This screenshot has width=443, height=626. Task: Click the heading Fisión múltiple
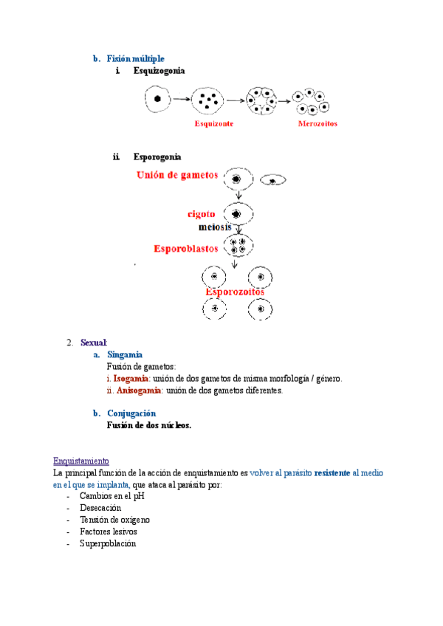[135, 58]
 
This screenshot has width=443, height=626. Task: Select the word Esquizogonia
[159, 71]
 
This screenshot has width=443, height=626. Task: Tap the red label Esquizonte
[214, 124]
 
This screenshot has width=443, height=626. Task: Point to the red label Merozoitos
[317, 124]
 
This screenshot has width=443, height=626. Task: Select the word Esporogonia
[157, 156]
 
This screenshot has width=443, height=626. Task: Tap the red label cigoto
[202, 213]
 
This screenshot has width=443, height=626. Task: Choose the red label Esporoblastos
[186, 249]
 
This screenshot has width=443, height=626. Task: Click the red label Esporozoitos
[235, 292]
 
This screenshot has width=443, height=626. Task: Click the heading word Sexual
[94, 343]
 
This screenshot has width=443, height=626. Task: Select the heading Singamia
[125, 355]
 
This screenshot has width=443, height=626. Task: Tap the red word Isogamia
[128, 379]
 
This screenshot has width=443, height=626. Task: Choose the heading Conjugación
[131, 413]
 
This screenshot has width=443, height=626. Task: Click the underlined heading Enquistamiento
[81, 460]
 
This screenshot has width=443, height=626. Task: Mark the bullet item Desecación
[100, 508]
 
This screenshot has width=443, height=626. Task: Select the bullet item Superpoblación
[108, 543]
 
